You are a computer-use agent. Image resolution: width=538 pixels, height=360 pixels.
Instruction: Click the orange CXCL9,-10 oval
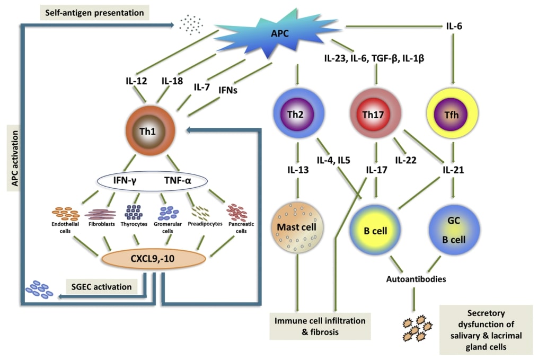pos(153,259)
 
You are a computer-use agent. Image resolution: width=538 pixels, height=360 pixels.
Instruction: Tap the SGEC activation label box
pos(101,287)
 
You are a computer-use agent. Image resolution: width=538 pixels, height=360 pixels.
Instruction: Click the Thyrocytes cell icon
pos(133,212)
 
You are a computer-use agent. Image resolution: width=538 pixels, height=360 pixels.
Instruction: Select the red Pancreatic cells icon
pos(236,212)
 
